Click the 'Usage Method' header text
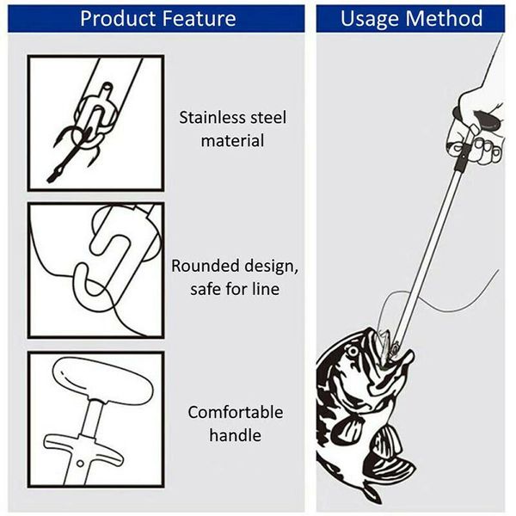coord(411,18)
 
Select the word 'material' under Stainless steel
coord(232,139)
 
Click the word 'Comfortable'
coord(235,412)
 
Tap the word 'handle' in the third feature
coord(235,435)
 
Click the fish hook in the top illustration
coord(69,155)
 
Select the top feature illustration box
coord(95,122)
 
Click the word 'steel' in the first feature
coord(265,117)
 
